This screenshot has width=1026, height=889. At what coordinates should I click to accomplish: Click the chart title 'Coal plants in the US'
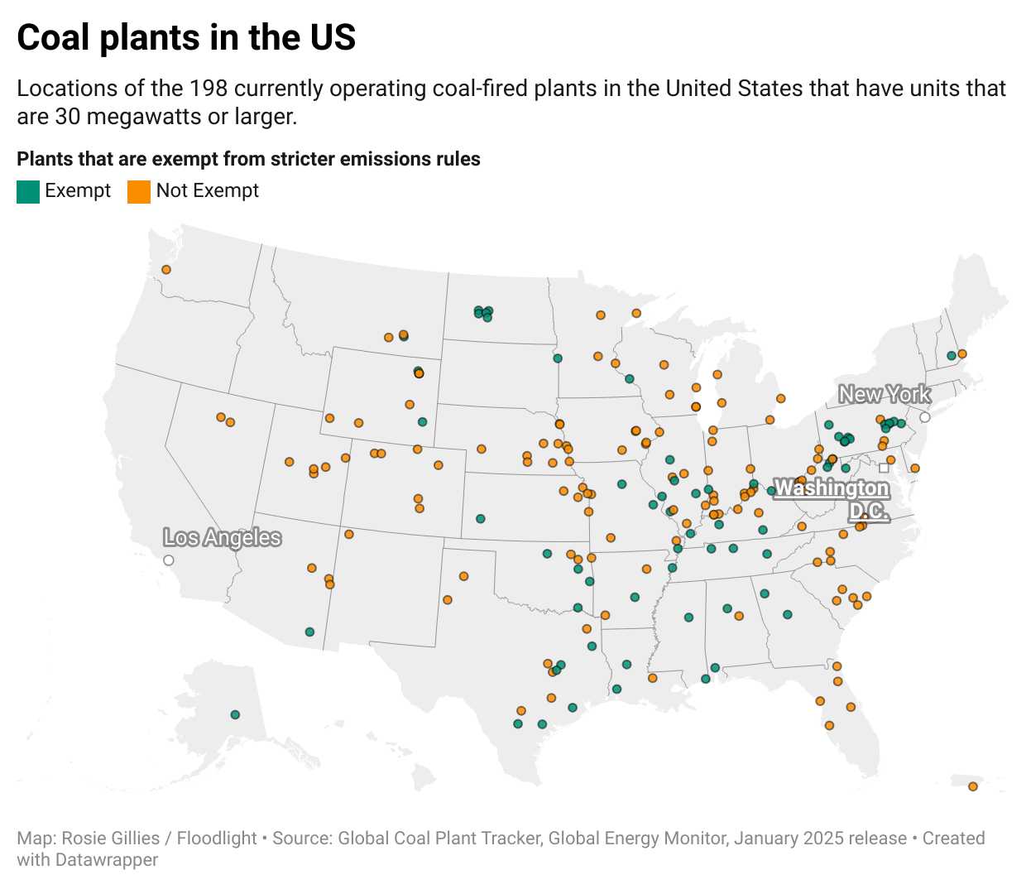[x=186, y=38]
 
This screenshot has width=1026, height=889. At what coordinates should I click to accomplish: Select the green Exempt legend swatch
[x=28, y=191]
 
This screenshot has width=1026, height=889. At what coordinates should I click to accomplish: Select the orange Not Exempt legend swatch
[x=139, y=191]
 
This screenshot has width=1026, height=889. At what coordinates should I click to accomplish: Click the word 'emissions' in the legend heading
[x=328, y=159]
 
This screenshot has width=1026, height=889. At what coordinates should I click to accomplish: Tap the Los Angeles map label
[x=222, y=538]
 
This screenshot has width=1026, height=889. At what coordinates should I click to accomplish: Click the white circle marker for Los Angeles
[x=169, y=560]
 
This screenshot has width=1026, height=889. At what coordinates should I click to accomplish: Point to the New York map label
[x=885, y=395]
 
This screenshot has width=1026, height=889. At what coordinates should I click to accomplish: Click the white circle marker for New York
[x=925, y=417]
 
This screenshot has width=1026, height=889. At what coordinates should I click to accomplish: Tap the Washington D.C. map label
[x=832, y=499]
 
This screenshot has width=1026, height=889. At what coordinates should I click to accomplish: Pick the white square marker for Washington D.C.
[x=884, y=469]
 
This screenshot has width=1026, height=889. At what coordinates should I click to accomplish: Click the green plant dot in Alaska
[x=235, y=714]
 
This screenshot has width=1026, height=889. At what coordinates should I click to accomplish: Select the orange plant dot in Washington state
[x=166, y=270]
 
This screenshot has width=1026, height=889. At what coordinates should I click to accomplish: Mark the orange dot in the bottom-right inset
[x=973, y=786]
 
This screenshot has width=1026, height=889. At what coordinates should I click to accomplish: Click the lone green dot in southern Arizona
[x=309, y=632]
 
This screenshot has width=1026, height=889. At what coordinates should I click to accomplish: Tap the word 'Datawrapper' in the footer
[x=107, y=860]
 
